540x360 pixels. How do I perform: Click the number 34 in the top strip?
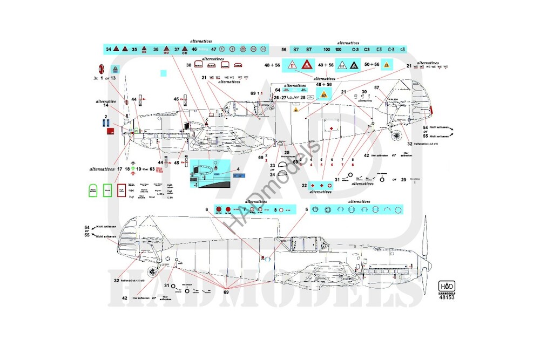[x=109, y=49]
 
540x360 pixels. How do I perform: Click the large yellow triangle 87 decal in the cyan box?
[x=323, y=96]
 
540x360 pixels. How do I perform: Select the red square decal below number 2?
[x=111, y=131]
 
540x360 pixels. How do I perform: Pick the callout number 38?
[x=189, y=65]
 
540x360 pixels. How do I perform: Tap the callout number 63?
[x=152, y=169]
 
